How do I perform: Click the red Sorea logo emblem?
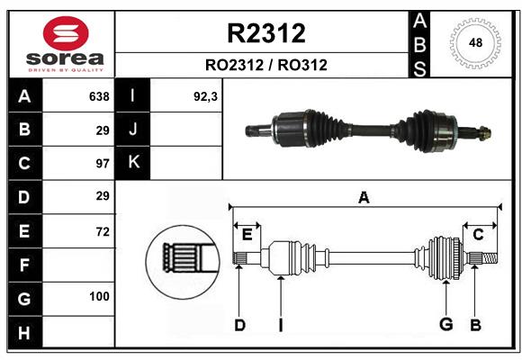point(60,33)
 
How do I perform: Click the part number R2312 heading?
point(266,33)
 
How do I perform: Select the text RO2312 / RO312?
point(266,65)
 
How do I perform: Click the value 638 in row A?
point(99,96)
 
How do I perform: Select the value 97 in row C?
point(102,164)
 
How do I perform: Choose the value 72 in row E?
point(102,231)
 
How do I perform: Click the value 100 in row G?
point(99,296)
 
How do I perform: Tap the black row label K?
point(134,162)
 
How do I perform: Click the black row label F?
point(24,265)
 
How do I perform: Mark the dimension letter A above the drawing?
point(364,197)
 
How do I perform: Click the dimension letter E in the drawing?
point(247,235)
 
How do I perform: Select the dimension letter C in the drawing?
point(478,235)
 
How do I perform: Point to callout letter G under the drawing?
point(445,325)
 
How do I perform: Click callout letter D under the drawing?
point(239,325)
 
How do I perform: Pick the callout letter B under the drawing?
point(475,325)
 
